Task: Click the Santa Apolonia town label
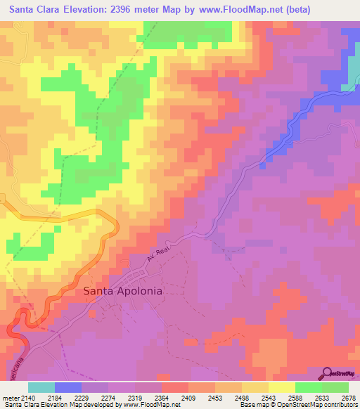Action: (123, 290)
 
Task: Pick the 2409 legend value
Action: (188, 398)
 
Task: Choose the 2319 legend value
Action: (135, 398)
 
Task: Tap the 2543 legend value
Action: (267, 398)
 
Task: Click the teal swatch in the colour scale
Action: (41, 387)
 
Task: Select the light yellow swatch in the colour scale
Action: (281, 387)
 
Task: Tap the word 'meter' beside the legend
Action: (10, 398)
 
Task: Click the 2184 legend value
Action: (56, 398)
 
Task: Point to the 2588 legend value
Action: (294, 398)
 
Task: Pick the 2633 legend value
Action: (321, 398)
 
